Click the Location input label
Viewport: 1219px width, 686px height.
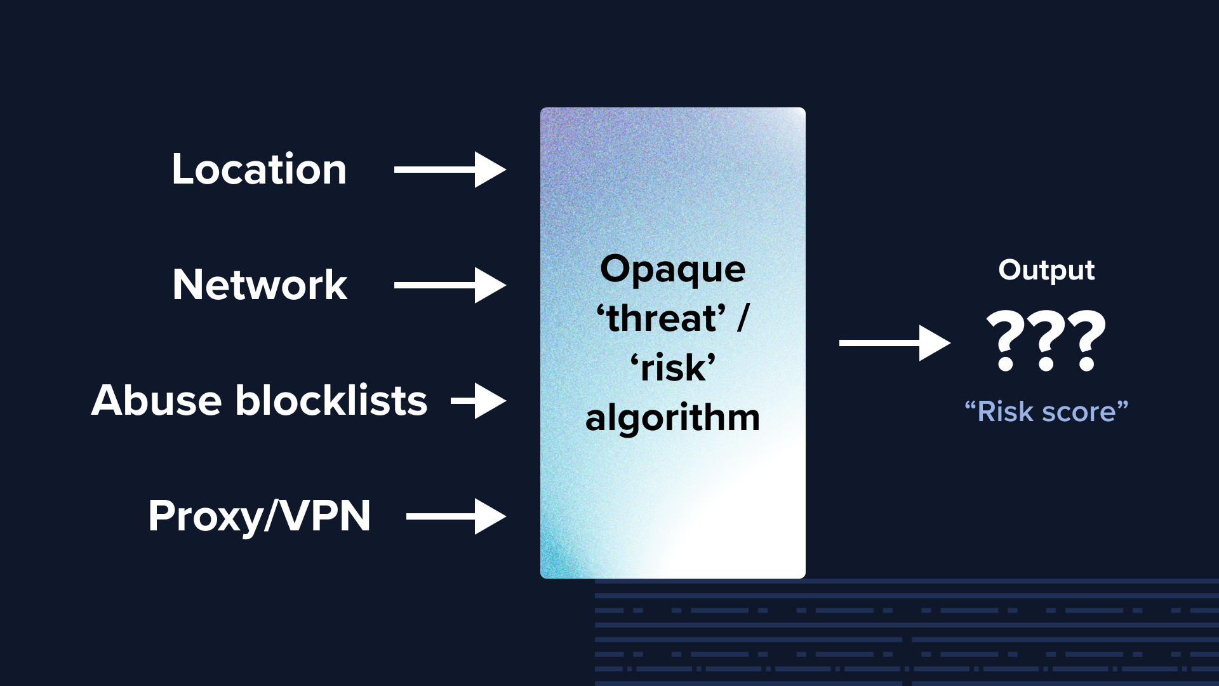coord(259,170)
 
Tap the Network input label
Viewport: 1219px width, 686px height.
coord(260,285)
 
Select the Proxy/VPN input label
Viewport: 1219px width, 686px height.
coord(259,516)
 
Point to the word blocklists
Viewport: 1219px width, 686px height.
coord(331,400)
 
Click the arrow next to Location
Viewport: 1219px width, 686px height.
coord(450,170)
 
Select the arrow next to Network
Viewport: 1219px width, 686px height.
coord(450,285)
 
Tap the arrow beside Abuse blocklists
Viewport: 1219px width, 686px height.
coord(479,401)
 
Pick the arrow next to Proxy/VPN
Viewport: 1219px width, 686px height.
coord(456,516)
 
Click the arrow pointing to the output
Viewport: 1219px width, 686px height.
coord(895,343)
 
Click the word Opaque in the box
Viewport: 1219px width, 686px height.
coord(673,270)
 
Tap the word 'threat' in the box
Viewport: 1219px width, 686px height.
coord(661,318)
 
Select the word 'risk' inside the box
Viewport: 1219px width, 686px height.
coord(673,367)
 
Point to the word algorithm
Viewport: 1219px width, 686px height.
coord(673,419)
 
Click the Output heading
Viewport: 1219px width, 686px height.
coord(1046,271)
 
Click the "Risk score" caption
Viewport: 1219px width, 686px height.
coord(1046,412)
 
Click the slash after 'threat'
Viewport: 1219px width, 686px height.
coord(743,318)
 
